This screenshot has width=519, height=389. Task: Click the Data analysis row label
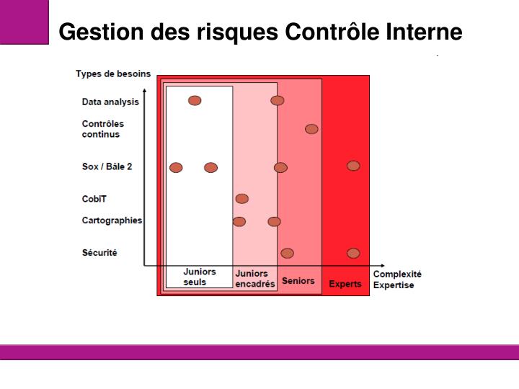click(x=110, y=102)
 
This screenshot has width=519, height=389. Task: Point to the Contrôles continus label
click(x=102, y=129)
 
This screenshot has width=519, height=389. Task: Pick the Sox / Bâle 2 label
click(x=107, y=166)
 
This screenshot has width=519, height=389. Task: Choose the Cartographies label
click(x=112, y=220)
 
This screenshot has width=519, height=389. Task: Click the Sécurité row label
click(x=99, y=253)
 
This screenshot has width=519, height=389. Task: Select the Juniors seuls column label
click(x=199, y=277)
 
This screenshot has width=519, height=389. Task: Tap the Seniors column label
click(x=298, y=280)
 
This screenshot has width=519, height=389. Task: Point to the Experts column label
click(x=345, y=284)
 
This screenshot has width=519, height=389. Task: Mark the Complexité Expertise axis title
click(x=396, y=280)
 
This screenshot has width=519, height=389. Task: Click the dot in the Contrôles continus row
click(x=311, y=129)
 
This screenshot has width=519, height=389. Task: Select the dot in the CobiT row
click(x=242, y=199)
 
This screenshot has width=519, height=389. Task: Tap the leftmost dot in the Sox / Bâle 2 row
click(x=176, y=168)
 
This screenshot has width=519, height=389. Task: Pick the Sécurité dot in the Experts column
click(x=353, y=253)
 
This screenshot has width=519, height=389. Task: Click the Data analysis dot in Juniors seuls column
click(x=195, y=100)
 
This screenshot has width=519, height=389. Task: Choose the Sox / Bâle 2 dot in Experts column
click(x=353, y=166)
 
